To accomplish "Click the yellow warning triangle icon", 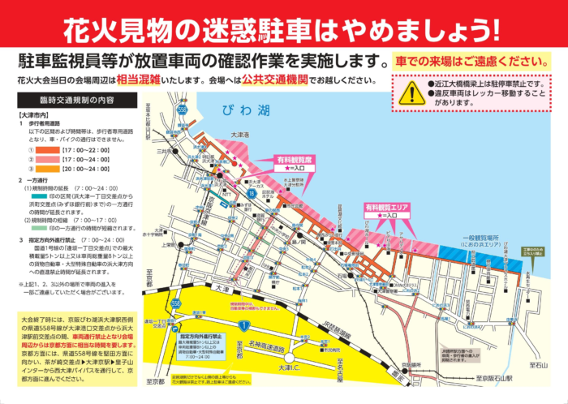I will [x=410, y=88].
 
